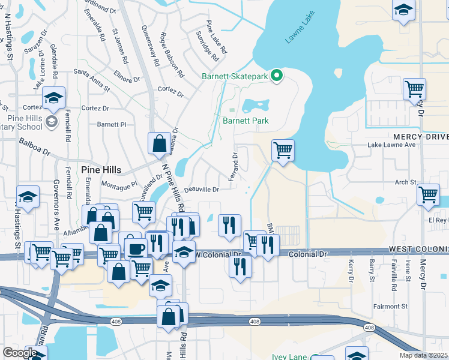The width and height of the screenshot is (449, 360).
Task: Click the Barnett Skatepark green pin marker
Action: (x=277, y=76)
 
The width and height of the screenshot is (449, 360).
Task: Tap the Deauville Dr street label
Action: (x=200, y=190)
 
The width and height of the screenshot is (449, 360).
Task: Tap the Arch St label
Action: (x=405, y=182)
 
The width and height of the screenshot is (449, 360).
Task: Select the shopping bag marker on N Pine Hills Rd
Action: (x=160, y=143)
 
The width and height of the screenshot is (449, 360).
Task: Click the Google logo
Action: (x=20, y=353)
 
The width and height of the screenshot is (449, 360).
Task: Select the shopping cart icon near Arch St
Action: (x=429, y=194)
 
